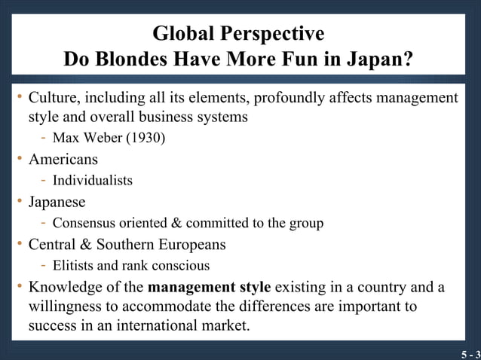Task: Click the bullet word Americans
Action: pyautogui.click(x=63, y=160)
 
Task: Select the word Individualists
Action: pyautogui.click(x=92, y=181)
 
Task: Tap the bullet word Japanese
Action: pyautogui.click(x=57, y=202)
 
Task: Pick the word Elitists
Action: pyautogui.click(x=74, y=265)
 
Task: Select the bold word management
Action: pyautogui.click(x=191, y=287)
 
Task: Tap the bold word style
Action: pyautogui.click(x=254, y=287)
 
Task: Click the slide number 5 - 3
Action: pyautogui.click(x=470, y=353)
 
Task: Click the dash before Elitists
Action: pyautogui.click(x=44, y=265)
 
